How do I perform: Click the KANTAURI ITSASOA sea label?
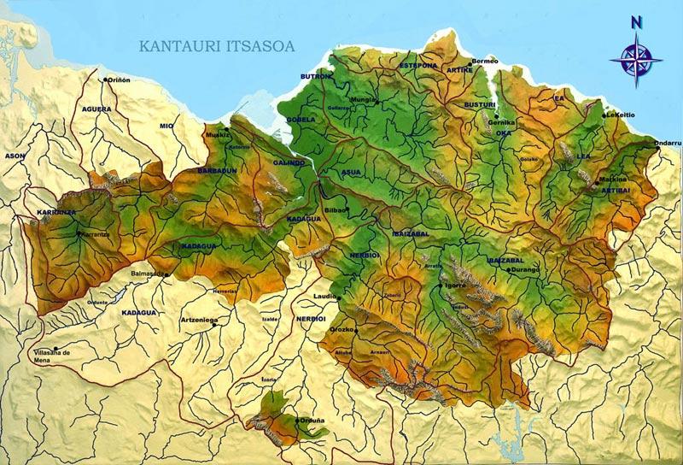(217, 46)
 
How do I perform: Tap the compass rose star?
(636, 58)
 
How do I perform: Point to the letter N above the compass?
(636, 23)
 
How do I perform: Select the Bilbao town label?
(333, 209)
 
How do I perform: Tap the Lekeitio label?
(621, 115)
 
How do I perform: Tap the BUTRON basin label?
(314, 76)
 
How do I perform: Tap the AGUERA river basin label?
(96, 109)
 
